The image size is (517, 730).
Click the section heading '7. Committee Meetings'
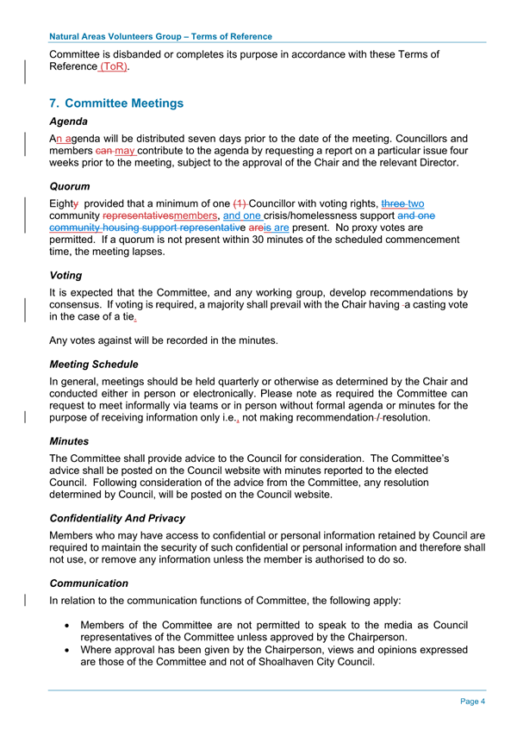click(117, 103)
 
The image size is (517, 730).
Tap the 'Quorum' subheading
click(72, 186)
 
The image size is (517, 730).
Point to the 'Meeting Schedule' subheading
click(94, 365)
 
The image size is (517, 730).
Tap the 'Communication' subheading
click(90, 583)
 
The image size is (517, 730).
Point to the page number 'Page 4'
click(472, 702)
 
